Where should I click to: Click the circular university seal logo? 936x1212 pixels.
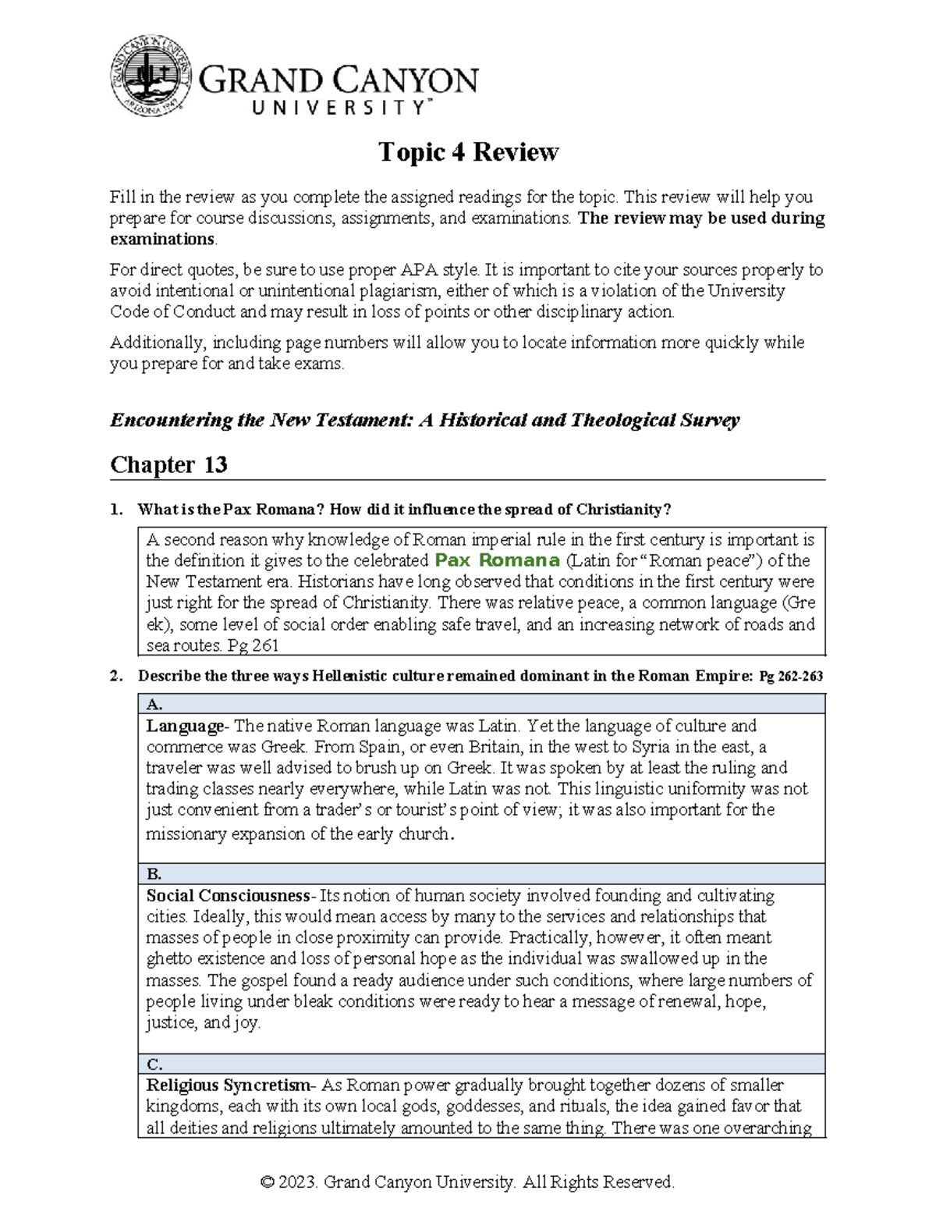(x=151, y=76)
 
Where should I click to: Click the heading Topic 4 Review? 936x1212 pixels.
(x=468, y=151)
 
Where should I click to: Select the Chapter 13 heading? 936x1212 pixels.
(x=168, y=465)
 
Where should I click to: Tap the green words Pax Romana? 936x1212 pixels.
(x=497, y=560)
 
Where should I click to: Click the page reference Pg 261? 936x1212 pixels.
(x=253, y=645)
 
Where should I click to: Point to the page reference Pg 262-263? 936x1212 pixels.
(x=790, y=677)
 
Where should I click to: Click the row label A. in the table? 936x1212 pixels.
(x=154, y=704)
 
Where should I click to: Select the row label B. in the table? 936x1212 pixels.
(x=154, y=874)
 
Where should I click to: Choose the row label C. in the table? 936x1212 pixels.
(x=154, y=1064)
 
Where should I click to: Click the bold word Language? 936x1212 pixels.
(x=184, y=726)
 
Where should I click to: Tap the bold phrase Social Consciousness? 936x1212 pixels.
(x=228, y=895)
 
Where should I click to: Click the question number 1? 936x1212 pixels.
(x=115, y=510)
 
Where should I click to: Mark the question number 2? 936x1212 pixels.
(x=115, y=677)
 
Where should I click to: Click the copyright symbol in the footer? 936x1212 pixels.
(x=268, y=1182)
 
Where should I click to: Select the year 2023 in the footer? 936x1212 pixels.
(x=299, y=1182)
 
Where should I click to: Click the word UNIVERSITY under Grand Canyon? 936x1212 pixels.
(x=339, y=108)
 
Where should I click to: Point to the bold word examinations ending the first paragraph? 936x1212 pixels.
(x=161, y=239)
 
